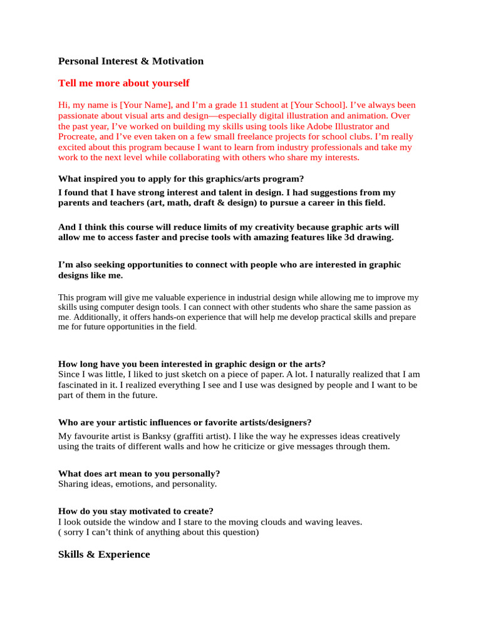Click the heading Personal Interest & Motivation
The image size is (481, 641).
131,61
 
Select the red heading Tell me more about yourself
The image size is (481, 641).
123,83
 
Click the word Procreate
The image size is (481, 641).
77,136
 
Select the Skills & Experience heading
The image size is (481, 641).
104,555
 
